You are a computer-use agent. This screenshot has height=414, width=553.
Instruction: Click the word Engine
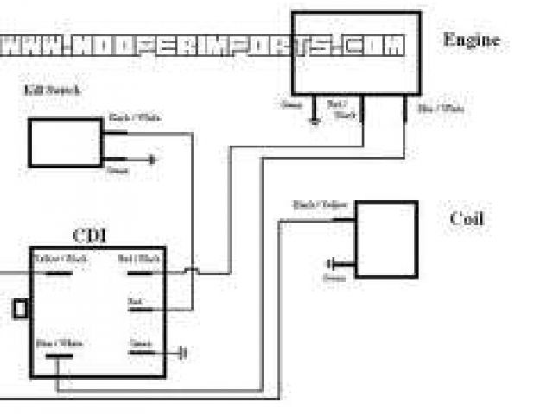pos(471,40)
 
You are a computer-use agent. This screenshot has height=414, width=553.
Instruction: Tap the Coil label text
pos(467,218)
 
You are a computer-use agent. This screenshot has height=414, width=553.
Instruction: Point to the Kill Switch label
pos(47,89)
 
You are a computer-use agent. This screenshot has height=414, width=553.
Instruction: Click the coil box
pos(386,239)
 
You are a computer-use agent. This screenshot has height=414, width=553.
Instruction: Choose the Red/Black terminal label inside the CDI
pos(143,259)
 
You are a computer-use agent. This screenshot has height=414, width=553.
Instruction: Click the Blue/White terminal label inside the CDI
pos(60,343)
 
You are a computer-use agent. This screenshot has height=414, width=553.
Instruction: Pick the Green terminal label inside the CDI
pos(140,342)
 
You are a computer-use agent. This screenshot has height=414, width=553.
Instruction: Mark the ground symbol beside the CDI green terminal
pos(183,353)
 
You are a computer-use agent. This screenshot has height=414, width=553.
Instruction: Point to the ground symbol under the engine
pos(315,120)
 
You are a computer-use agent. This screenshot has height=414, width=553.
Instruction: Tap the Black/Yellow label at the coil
pos(321,204)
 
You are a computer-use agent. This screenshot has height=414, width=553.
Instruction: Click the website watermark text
pos(203,45)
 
